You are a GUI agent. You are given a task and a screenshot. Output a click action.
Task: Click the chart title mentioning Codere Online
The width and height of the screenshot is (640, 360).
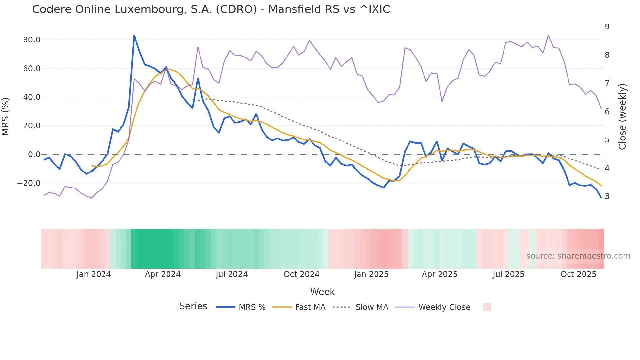(x=211, y=9)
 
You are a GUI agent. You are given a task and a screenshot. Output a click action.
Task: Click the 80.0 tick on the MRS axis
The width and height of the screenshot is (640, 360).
(x=32, y=40)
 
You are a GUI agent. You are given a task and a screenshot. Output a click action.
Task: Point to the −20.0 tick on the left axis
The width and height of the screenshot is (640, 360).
(x=29, y=183)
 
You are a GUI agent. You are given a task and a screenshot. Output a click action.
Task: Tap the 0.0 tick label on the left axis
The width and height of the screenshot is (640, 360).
(x=34, y=155)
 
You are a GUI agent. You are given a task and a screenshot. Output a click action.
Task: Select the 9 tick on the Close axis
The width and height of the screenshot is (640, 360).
(x=607, y=27)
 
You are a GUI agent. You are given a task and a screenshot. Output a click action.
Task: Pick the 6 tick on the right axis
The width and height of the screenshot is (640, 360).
(x=607, y=112)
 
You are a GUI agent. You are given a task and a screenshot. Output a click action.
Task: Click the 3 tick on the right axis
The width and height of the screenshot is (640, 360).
(x=607, y=196)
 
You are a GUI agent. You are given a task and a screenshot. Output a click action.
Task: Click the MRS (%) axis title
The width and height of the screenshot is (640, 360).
(x=6, y=116)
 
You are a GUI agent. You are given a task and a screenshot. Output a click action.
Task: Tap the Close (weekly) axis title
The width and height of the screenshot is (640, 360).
(x=622, y=116)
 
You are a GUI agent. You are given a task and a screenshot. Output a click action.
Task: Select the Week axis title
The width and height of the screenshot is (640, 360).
(x=322, y=292)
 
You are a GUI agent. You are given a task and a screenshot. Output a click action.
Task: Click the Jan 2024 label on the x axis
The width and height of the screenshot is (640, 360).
(x=94, y=274)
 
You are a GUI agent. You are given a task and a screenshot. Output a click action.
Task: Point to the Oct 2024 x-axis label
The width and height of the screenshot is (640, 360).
(x=301, y=274)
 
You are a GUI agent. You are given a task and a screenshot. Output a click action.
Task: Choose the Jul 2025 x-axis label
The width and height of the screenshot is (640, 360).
(x=508, y=274)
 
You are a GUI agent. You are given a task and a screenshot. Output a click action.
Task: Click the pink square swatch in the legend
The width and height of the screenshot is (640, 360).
(x=487, y=307)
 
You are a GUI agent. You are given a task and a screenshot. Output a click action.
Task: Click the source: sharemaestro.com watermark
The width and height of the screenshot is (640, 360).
(x=578, y=256)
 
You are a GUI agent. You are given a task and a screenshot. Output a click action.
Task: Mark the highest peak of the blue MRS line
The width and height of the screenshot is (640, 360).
(x=134, y=35)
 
